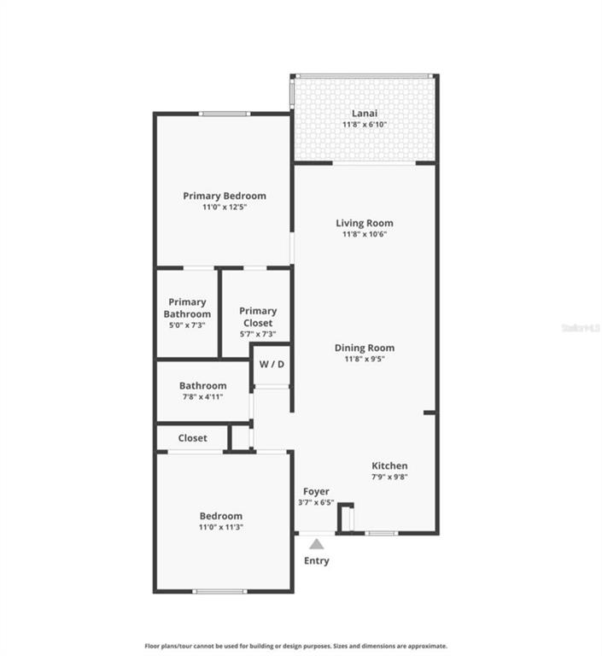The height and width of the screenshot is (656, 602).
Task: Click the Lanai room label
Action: pos(365,113)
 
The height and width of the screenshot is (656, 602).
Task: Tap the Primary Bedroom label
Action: pos(225,196)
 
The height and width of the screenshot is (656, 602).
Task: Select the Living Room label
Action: pos(365,223)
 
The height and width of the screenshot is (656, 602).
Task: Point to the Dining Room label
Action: pos(365,348)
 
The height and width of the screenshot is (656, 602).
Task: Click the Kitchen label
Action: pos(389,466)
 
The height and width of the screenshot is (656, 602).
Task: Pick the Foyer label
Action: pos(316,491)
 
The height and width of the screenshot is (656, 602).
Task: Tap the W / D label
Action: pos(272,364)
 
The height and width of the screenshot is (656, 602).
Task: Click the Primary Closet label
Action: pos(258,317)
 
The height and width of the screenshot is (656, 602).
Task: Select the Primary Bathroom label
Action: pos(187,307)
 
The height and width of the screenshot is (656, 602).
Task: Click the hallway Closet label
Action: pos(192,438)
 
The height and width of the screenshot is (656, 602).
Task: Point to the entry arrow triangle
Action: pos(316,543)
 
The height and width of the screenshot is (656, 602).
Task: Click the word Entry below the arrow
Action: pos(316,560)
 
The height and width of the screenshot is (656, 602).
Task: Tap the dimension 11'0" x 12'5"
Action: pos(225,207)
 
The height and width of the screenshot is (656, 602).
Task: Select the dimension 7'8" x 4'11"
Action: pos(202,397)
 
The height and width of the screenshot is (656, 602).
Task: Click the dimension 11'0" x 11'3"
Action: pos(221,527)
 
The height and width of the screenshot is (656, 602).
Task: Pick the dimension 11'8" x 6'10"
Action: pos(365,125)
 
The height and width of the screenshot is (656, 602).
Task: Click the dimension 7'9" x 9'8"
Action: pos(389,477)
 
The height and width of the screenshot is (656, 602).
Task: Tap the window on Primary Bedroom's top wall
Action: pos(225,114)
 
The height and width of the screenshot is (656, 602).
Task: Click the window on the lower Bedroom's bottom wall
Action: pos(219,591)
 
